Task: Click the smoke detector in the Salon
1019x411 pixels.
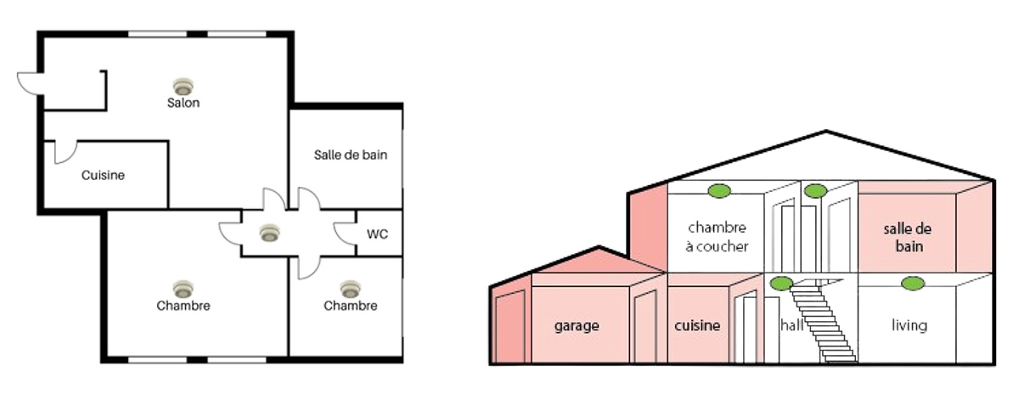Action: click(183, 86)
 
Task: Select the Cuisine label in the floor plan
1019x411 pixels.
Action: click(103, 176)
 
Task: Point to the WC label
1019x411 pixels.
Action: click(378, 234)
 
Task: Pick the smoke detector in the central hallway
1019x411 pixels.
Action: click(269, 232)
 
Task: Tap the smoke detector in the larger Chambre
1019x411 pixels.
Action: click(183, 289)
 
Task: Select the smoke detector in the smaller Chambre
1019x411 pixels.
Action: click(350, 289)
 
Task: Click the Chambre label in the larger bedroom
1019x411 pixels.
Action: click(183, 306)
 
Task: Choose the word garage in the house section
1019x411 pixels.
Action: click(577, 325)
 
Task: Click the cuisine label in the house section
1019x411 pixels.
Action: click(697, 325)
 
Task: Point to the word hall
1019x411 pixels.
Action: click(791, 324)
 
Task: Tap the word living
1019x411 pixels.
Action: click(909, 325)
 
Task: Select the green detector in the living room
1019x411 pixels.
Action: click(913, 283)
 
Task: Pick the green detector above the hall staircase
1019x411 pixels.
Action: click(780, 283)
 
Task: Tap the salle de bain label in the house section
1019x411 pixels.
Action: click(903, 238)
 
